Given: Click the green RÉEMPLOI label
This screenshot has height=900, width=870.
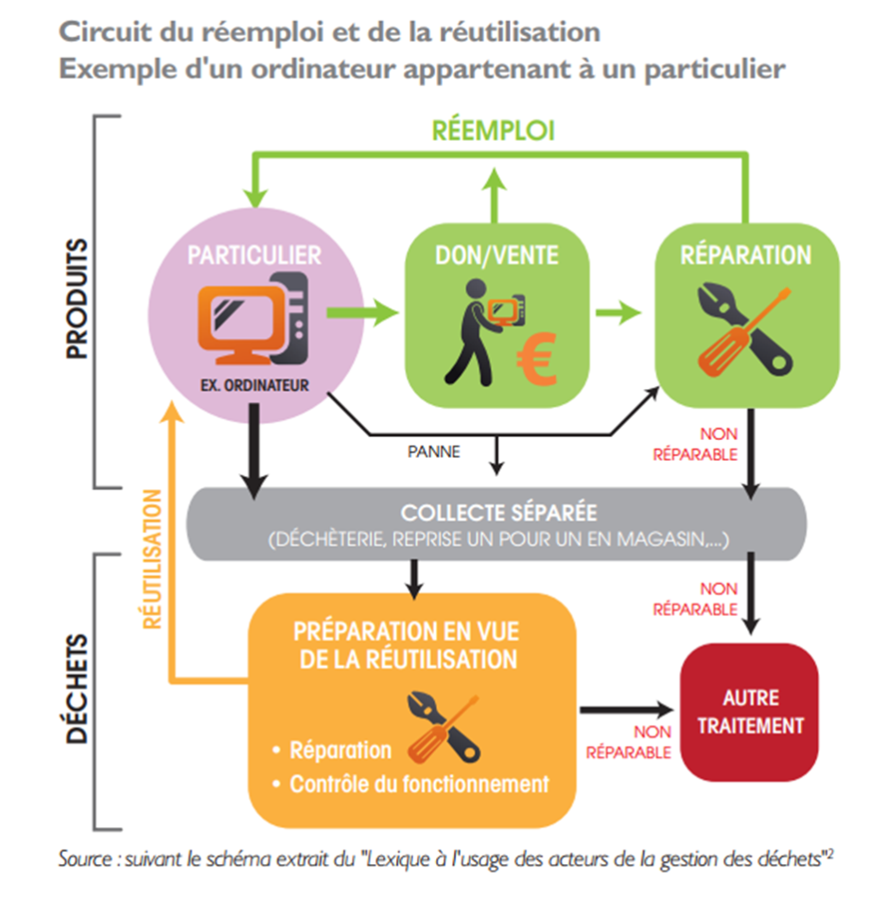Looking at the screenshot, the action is point(494,130).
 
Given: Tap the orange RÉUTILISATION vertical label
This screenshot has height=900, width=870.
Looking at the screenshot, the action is point(152,559).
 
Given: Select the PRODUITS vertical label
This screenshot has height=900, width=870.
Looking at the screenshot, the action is point(77,298).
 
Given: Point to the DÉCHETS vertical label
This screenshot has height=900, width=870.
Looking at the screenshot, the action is point(77,689).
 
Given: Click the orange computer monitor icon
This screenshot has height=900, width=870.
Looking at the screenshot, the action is point(241,324).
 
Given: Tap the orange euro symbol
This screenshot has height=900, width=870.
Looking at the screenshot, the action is point(537,360).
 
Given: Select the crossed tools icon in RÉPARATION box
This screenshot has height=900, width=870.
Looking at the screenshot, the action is point(745,329).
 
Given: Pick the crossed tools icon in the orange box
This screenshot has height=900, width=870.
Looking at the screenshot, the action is point(444,729).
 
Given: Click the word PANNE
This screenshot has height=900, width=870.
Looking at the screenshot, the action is point(433,452).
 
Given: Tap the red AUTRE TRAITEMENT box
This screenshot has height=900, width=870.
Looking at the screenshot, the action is point(749,712).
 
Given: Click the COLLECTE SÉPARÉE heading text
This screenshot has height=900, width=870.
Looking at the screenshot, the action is point(498,513).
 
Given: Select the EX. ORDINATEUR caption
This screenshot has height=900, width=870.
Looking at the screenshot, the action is point(254,385).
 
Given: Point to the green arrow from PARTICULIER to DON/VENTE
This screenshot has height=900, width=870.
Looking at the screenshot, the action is point(362,312).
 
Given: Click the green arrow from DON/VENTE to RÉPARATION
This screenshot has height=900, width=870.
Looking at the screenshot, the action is point(618,312).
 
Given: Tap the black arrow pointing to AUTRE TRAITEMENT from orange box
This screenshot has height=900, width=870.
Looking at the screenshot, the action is point(627,710).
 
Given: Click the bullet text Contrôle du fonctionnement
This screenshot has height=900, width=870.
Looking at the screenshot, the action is point(419,784).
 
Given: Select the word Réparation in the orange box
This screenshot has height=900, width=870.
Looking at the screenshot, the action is point(340,750).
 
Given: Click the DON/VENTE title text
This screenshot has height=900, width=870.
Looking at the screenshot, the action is point(496,256).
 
